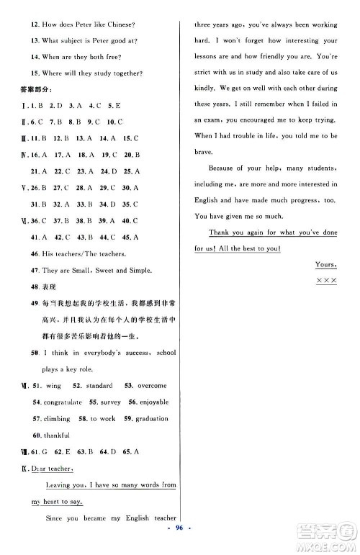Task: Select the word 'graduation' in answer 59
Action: click(152, 418)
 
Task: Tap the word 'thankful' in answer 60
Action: click(57, 435)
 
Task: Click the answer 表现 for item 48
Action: click(50, 286)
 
